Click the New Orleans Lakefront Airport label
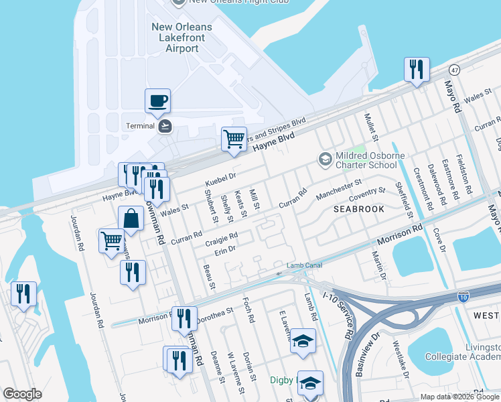[x=182, y=38]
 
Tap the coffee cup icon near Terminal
[x=157, y=101]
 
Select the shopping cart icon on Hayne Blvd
[x=234, y=139]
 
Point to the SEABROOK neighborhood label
[x=359, y=209]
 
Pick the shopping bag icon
[x=130, y=218]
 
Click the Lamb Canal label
[x=305, y=265]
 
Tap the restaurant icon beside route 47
[x=416, y=69]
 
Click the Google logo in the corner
[x=22, y=394]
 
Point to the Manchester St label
[x=339, y=186]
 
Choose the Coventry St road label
[x=367, y=194]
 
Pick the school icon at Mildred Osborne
[x=326, y=159]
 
